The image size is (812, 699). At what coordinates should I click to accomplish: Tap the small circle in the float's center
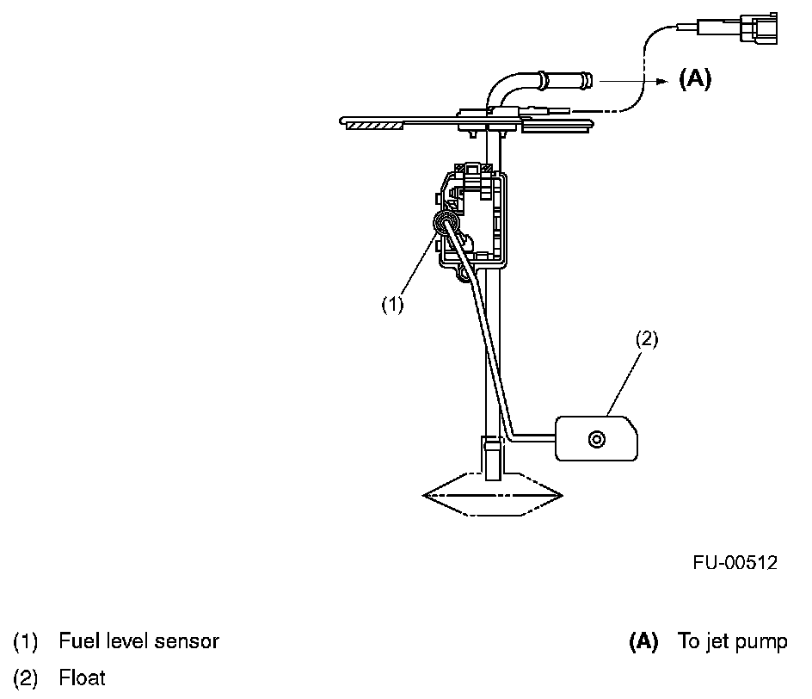pyautogui.click(x=594, y=439)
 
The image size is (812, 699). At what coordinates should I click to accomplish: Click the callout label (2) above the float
pyautogui.click(x=647, y=338)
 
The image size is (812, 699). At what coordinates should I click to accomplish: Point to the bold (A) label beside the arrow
pyautogui.click(x=695, y=79)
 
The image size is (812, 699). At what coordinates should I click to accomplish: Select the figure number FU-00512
pyautogui.click(x=735, y=563)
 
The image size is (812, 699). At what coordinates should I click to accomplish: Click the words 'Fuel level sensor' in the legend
pyautogui.click(x=138, y=641)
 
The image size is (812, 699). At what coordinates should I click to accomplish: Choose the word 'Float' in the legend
pyautogui.click(x=83, y=678)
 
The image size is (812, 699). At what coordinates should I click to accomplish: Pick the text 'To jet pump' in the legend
pyautogui.click(x=732, y=641)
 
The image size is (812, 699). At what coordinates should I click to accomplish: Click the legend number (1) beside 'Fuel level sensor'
pyautogui.click(x=25, y=641)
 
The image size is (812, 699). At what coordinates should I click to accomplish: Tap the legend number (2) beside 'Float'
pyautogui.click(x=25, y=678)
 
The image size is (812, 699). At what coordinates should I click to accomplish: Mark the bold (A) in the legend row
pyautogui.click(x=643, y=641)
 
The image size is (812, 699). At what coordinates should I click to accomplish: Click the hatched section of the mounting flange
pyautogui.click(x=374, y=126)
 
